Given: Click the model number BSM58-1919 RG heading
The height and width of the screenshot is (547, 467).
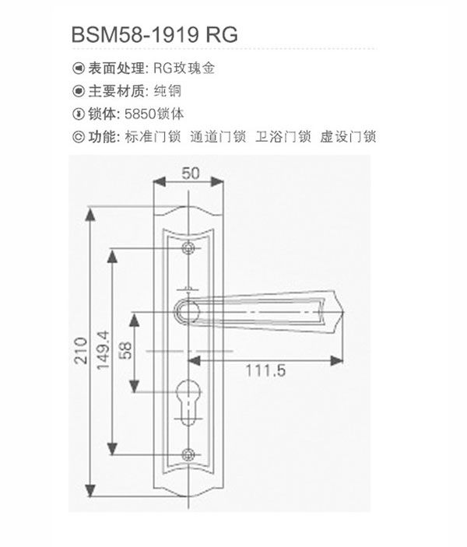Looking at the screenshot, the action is pyautogui.click(x=155, y=34).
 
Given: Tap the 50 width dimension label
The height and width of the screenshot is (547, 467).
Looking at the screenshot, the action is pyautogui.click(x=191, y=174).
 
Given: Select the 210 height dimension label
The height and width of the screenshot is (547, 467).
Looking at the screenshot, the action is pyautogui.click(x=81, y=351).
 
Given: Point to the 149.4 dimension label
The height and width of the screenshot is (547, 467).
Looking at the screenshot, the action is pyautogui.click(x=104, y=350).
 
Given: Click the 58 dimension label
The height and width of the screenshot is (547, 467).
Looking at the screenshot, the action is pyautogui.click(x=125, y=351).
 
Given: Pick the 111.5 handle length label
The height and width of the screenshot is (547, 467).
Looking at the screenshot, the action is pyautogui.click(x=265, y=370).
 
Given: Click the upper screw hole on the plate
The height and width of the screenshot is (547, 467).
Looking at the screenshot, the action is pyautogui.click(x=188, y=248).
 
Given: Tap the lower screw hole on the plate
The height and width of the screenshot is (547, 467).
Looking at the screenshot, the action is pyautogui.click(x=188, y=454).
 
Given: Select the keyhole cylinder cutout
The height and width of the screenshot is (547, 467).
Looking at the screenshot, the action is pyautogui.click(x=188, y=401).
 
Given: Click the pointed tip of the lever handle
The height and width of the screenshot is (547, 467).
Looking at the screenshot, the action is pyautogui.click(x=344, y=311).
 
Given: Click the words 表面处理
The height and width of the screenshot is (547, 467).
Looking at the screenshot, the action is pyautogui.click(x=116, y=68).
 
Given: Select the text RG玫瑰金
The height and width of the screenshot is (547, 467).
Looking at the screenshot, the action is pyautogui.click(x=184, y=68).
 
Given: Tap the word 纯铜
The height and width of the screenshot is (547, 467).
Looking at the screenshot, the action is pyautogui.click(x=168, y=91).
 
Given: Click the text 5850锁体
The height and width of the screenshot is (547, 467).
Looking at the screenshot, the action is pyautogui.click(x=154, y=114).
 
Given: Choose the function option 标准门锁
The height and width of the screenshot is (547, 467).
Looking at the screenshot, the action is pyautogui.click(x=153, y=137).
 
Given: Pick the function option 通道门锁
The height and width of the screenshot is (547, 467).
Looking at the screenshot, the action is pyautogui.click(x=218, y=137).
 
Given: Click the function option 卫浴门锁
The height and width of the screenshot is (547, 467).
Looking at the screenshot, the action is pyautogui.click(x=283, y=137).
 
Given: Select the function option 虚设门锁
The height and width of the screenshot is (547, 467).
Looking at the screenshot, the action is pyautogui.click(x=348, y=137).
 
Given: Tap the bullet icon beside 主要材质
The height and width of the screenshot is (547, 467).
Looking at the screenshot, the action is pyautogui.click(x=79, y=91).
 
